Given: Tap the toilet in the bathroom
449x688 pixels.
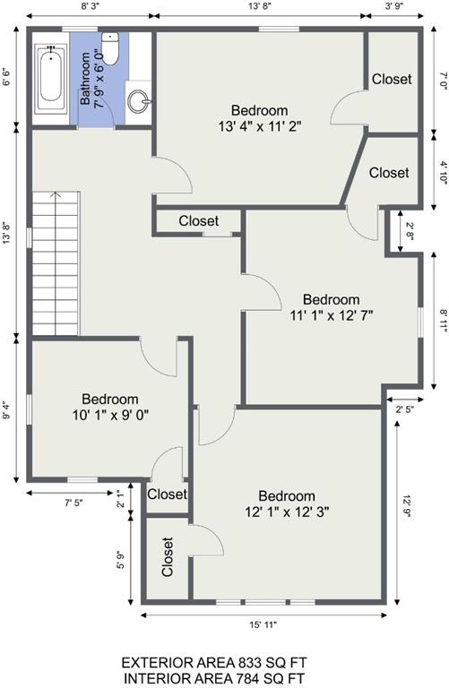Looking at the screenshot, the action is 109,48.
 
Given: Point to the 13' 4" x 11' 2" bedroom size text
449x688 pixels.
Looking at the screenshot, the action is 260,127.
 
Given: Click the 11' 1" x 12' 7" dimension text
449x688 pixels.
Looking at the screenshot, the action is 332,315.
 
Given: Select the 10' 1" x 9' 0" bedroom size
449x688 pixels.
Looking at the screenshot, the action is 110,415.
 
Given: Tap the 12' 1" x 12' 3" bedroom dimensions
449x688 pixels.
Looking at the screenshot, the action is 287,512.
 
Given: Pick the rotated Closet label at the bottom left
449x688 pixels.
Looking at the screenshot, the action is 168,557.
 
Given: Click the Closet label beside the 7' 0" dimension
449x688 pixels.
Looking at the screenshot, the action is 392,79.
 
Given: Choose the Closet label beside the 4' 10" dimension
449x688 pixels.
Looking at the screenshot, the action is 389,172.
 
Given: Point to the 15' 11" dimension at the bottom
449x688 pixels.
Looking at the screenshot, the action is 263,624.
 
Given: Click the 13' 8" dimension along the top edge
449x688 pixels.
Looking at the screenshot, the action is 260,5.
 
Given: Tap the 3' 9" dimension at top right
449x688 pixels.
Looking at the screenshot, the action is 394,5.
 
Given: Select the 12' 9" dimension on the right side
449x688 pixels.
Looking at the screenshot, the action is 406,507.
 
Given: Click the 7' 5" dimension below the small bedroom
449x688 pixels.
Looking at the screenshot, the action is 73,503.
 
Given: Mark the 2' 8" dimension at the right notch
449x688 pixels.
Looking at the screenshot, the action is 410,232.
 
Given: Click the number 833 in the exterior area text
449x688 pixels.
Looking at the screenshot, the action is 250,662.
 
